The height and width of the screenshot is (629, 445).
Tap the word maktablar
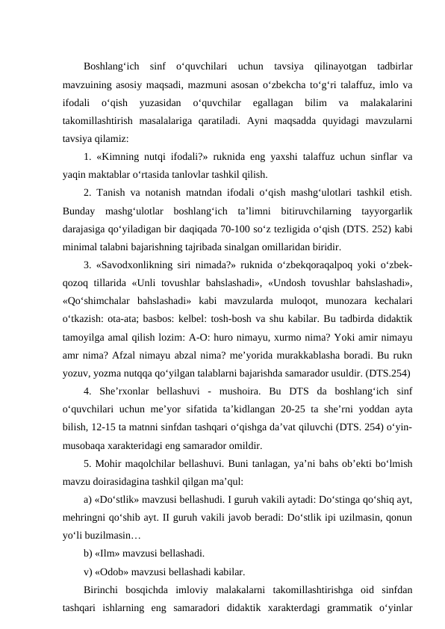[109, 176]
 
